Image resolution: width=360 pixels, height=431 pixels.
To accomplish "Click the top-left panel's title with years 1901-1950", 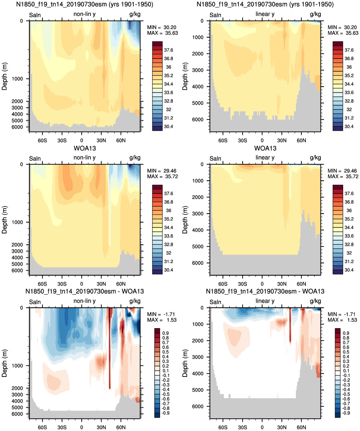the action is tap(85, 4).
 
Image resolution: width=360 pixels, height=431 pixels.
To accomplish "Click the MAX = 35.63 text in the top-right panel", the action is tap(343, 33).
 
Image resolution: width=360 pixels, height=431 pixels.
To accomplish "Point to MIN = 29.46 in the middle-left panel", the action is tap(162, 171).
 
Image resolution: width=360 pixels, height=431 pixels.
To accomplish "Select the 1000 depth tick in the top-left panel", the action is tap(17, 79).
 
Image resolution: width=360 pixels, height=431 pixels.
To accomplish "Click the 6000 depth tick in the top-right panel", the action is tap(198, 119).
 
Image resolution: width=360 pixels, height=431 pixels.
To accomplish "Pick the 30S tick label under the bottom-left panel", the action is tap(62, 427).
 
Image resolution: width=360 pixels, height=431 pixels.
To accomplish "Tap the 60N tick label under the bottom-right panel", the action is tap(301, 427).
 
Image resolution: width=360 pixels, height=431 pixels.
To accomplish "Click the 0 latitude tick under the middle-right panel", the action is tap(262, 284).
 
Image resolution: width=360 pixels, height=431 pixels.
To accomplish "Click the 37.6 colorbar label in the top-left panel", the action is tap(168, 50).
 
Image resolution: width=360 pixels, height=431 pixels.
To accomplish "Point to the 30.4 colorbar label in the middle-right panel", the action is tap(349, 270).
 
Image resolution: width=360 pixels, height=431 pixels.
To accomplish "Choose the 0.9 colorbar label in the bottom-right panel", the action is tap(346, 333).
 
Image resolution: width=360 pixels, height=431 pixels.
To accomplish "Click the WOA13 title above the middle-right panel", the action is tap(265, 148).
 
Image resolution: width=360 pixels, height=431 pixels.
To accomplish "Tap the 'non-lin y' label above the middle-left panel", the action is tap(85, 158).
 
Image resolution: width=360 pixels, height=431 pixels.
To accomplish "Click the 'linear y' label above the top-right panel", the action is tap(265, 14).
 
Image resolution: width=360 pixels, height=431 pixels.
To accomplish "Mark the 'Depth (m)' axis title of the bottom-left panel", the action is tap(4, 363).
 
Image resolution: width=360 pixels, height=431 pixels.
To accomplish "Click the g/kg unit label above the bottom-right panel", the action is tap(315, 301).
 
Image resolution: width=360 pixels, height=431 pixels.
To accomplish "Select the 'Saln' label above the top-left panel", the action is tap(35, 15).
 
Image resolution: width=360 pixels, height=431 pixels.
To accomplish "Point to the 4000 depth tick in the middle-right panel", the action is tap(198, 230).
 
